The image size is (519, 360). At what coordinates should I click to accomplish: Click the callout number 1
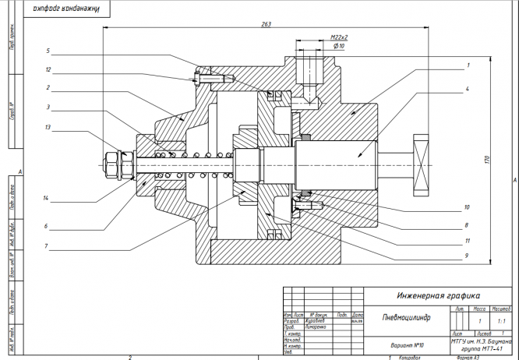pos(468,65)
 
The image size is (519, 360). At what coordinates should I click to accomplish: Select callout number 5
pos(48,51)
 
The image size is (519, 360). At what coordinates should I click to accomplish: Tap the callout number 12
pos(48,69)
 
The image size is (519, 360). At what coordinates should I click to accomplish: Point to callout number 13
pos(48,127)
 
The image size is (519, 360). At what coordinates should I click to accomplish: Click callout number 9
pos(467,255)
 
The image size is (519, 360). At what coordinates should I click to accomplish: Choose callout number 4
pos(468,90)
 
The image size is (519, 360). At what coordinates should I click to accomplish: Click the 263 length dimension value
pos(267,25)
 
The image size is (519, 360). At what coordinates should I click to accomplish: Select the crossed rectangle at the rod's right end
pos(421,165)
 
